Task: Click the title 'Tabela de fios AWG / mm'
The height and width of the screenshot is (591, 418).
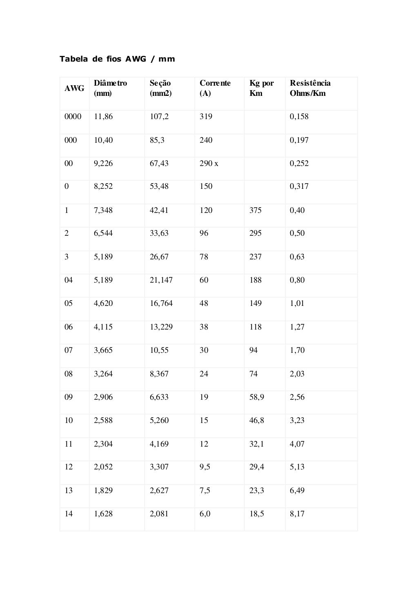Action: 117,59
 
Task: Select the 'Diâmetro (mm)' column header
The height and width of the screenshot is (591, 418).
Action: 110,88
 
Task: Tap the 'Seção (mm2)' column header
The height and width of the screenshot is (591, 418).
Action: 160,88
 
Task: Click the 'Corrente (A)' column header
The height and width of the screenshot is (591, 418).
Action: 215,88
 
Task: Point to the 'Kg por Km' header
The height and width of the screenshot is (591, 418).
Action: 261,88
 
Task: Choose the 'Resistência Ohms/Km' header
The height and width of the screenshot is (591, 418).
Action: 310,88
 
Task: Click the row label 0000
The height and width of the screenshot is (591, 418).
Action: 73,117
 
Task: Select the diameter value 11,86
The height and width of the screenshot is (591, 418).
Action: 103,117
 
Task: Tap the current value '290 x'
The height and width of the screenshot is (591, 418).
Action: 209,164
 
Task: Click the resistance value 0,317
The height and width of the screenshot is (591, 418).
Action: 299,186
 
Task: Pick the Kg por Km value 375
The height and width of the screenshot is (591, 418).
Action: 255,210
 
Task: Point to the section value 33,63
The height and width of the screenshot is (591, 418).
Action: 159,233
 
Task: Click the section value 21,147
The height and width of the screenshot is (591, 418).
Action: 161,280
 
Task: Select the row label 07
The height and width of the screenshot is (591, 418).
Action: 69,350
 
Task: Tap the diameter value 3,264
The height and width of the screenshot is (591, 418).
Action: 103,374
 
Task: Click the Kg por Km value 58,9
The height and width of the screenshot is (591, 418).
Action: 256,397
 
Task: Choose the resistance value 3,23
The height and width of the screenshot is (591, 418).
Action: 297,421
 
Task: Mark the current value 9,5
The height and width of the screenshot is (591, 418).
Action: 205,467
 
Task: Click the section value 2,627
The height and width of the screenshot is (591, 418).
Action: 159,491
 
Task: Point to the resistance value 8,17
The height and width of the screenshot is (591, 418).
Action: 297,514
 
